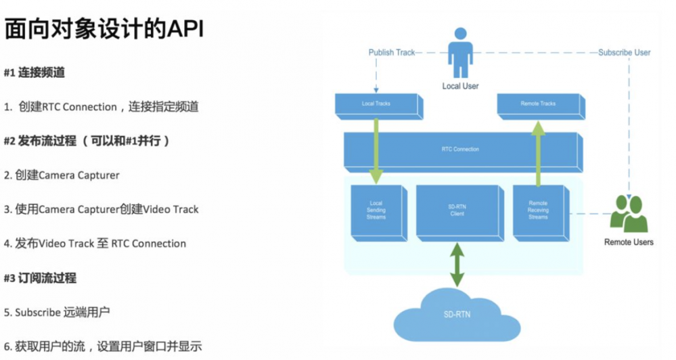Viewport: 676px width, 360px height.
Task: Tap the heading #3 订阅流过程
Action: tap(40, 277)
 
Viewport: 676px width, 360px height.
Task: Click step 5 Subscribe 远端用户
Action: tap(57, 312)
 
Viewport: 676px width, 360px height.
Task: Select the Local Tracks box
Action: tap(376, 104)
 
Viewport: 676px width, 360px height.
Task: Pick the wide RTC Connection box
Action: tap(461, 150)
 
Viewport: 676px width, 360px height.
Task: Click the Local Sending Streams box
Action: tap(376, 210)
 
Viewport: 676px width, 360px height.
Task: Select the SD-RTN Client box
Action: tap(457, 210)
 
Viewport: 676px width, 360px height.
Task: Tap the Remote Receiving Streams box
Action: tap(538, 210)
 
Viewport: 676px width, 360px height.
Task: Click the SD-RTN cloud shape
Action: tap(458, 313)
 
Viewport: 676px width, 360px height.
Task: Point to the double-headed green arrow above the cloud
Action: tap(458, 265)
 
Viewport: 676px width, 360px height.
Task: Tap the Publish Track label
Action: tap(392, 52)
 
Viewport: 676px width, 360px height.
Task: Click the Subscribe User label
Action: tap(624, 52)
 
